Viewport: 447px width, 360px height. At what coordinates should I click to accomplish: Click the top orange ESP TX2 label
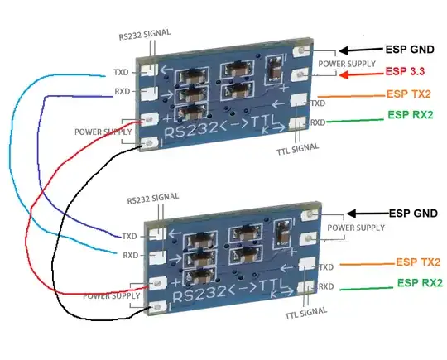[409, 94]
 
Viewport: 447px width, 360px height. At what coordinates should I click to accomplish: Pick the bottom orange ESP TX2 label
[418, 262]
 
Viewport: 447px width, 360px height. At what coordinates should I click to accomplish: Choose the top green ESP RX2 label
[411, 116]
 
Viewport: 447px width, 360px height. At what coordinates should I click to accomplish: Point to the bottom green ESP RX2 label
[419, 283]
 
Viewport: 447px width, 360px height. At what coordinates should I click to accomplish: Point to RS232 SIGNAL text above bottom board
[155, 201]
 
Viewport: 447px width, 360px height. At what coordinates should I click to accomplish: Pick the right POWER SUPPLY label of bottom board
[356, 227]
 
